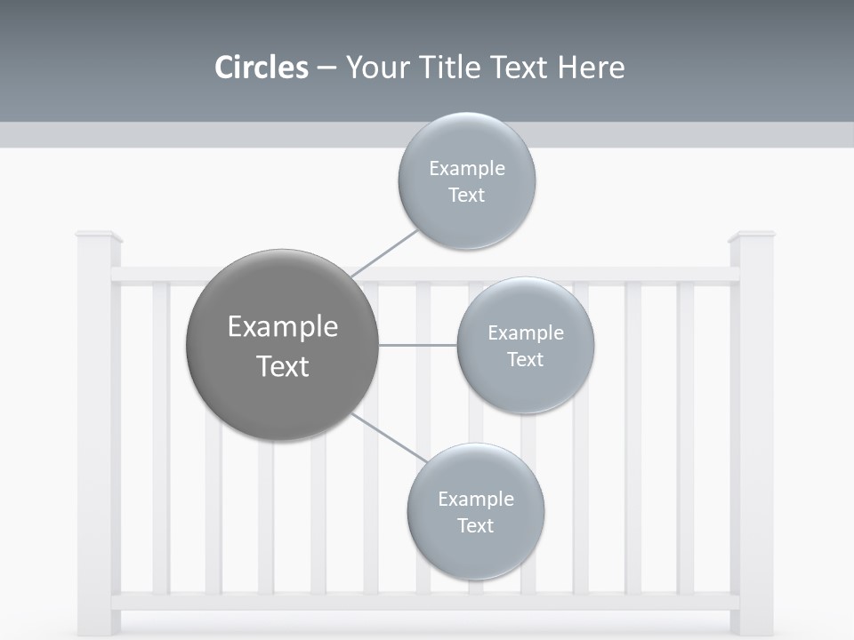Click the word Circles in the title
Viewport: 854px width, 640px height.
tap(261, 68)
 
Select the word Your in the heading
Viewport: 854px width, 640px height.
tap(373, 68)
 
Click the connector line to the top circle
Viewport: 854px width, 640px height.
tap(384, 252)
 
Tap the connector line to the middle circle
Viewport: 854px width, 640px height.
tap(418, 345)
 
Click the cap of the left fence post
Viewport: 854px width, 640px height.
tap(98, 236)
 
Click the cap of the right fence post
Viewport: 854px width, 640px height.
tap(752, 236)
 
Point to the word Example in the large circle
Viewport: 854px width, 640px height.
tap(282, 327)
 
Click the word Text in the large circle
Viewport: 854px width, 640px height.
tap(282, 366)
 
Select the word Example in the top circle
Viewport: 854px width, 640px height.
tap(466, 169)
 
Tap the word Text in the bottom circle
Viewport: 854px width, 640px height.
tap(475, 525)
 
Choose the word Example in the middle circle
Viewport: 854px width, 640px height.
tap(525, 333)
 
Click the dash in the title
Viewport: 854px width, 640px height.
tap(326, 68)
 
